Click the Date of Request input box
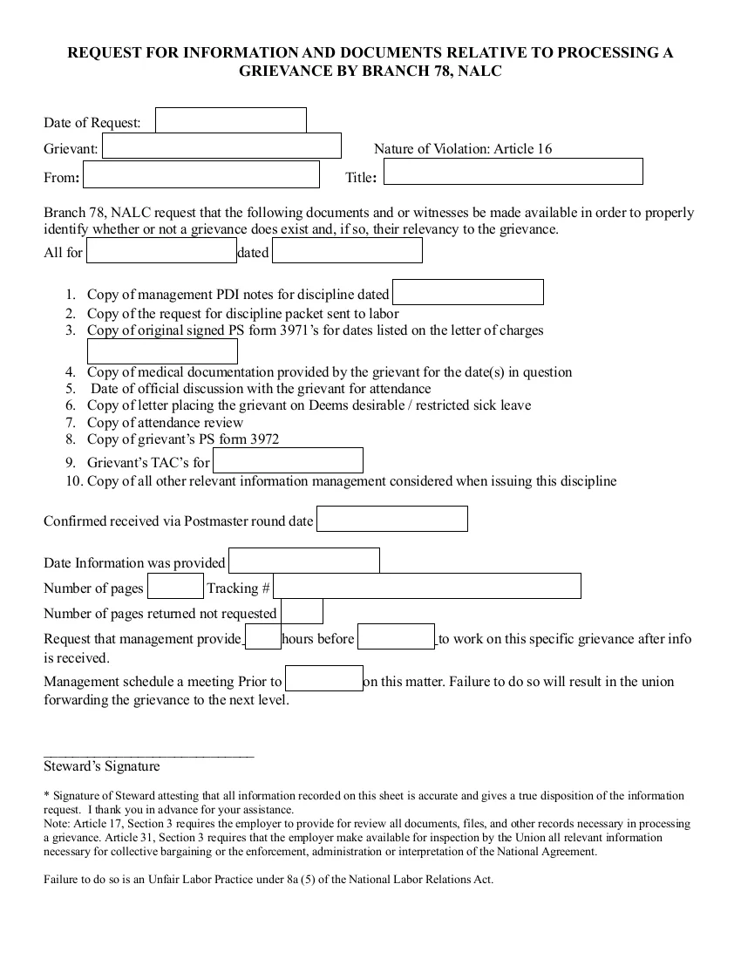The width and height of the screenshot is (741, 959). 231,120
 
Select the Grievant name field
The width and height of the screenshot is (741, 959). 221,146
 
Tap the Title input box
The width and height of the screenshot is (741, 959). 513,172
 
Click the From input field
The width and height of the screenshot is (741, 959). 201,174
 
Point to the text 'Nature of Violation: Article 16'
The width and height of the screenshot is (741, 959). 463,149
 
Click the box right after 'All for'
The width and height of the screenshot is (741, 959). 161,251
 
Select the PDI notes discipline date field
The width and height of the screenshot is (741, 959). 467,292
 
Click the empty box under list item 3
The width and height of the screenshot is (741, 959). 162,351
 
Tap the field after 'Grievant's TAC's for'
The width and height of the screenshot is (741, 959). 288,460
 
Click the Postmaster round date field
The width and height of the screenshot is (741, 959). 391,519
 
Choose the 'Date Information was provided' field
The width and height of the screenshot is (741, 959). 304,561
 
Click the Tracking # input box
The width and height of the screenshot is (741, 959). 427,586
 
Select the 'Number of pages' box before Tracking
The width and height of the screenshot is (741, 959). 175,586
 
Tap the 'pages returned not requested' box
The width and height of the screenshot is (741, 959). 302,611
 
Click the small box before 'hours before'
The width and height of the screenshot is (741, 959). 263,637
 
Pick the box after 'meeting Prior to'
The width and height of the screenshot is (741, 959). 324,678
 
